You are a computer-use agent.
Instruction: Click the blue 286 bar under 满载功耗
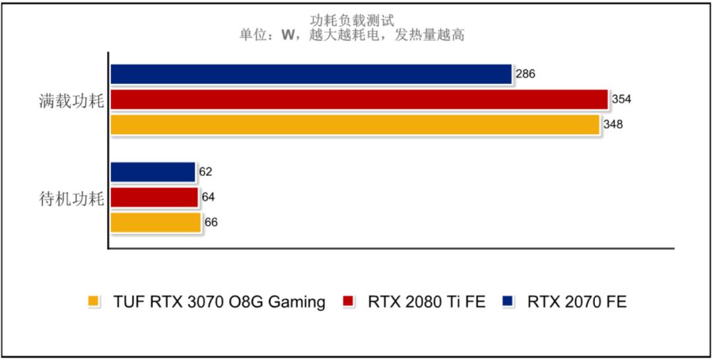click(311, 74)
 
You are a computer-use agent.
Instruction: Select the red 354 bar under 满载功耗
click(358, 100)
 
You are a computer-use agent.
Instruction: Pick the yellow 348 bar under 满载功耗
click(355, 125)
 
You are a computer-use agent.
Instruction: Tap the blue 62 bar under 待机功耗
click(153, 172)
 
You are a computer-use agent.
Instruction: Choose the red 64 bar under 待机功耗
click(154, 197)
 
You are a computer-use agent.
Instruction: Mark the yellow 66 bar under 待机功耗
click(155, 223)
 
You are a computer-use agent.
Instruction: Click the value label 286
click(526, 74)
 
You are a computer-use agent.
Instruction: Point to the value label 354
click(621, 100)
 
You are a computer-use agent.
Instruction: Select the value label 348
click(613, 125)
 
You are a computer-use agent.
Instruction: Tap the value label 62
click(205, 172)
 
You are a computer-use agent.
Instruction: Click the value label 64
click(208, 197)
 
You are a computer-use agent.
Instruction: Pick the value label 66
click(211, 223)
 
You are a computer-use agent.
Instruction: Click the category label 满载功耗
click(71, 102)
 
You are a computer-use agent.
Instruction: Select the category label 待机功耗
click(71, 199)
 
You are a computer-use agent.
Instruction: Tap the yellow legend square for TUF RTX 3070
click(93, 303)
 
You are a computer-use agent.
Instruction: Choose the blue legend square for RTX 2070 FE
click(507, 303)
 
